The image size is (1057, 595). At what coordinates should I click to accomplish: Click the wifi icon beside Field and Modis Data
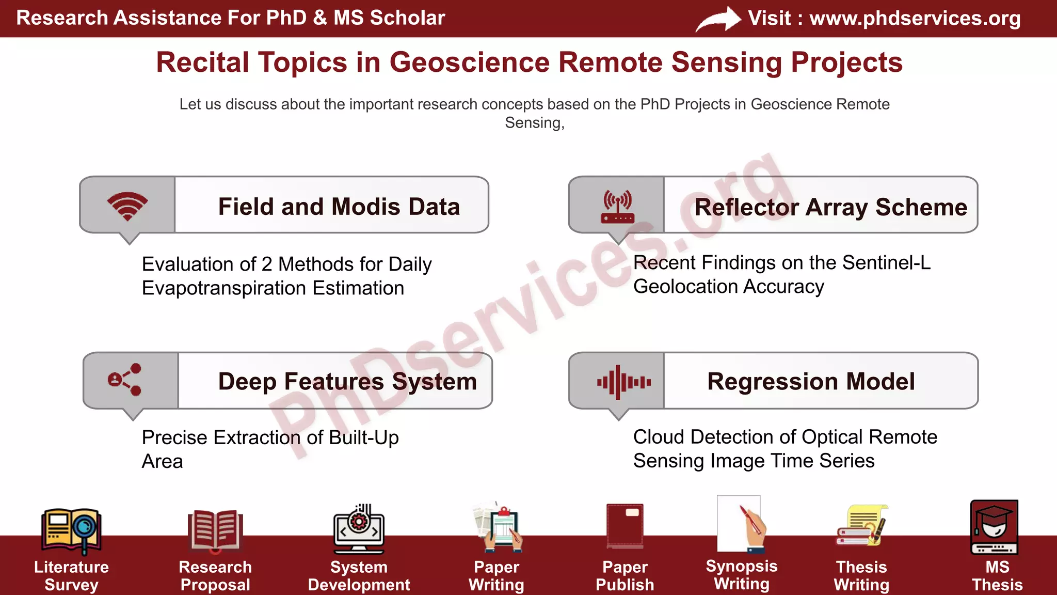pos(127,206)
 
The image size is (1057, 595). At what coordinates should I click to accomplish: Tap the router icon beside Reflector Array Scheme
pos(617,206)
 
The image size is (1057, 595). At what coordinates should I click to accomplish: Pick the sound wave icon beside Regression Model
pos(623,382)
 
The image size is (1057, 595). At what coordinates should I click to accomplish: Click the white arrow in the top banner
pos(718,19)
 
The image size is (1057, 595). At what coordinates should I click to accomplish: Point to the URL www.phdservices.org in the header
pos(915,18)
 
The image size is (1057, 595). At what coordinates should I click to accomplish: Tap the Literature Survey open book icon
pos(71,529)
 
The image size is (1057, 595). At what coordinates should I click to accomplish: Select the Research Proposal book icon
pos(215,530)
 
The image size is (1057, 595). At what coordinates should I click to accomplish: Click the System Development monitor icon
pos(359,529)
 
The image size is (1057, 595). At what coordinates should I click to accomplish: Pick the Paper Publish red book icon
pos(625,525)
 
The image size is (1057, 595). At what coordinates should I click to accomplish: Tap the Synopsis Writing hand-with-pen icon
pos(741,524)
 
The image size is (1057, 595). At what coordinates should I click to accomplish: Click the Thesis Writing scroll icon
pos(861,526)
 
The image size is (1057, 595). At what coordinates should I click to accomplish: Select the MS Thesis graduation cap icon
pos(994,526)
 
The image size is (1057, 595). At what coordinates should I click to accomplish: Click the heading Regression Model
pos(811,382)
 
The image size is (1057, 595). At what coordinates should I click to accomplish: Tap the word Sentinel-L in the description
pos(886,263)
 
